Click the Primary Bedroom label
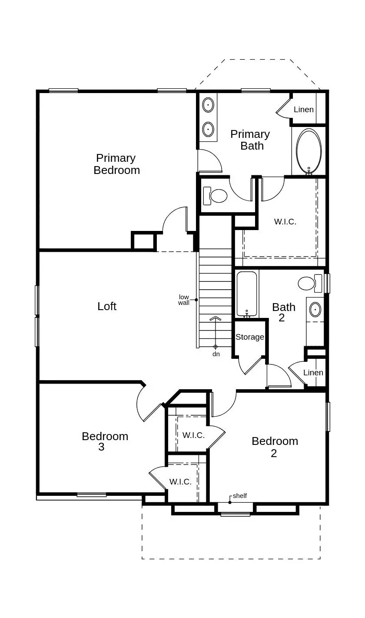[116, 164]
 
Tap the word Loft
[107, 306]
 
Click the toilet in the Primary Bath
[216, 196]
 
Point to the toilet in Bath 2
[309, 284]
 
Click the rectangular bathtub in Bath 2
[247, 294]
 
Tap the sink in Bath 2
[315, 310]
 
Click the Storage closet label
[250, 337]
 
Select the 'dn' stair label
[216, 354]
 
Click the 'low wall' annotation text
[184, 300]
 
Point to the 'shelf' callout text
[240, 496]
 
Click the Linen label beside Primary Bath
[304, 110]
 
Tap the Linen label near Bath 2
[313, 373]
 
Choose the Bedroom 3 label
[105, 441]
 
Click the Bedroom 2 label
[275, 447]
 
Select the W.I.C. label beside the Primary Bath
[285, 222]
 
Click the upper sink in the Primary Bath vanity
[209, 105]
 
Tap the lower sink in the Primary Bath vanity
[209, 129]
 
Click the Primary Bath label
[250, 140]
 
